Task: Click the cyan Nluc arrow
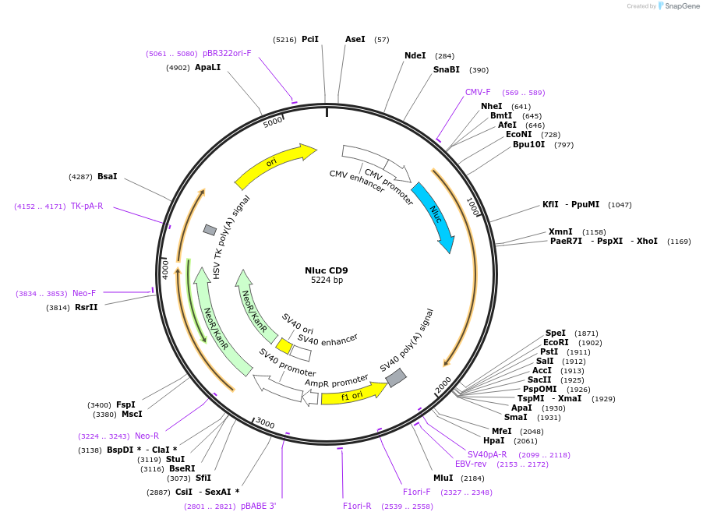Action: [434, 215]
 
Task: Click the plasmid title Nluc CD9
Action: [327, 270]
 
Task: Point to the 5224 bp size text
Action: [327, 280]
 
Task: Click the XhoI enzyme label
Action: [647, 241]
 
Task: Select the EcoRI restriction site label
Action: [556, 342]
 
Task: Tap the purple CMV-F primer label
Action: [478, 92]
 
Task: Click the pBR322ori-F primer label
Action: [227, 53]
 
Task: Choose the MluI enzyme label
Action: [443, 478]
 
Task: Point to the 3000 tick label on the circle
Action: [266, 423]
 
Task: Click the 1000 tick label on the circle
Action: [473, 207]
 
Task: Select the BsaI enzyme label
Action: [107, 177]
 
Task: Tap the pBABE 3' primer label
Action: [259, 506]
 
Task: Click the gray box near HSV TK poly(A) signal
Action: [210, 230]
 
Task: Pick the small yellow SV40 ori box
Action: [284, 346]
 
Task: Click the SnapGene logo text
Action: [681, 5]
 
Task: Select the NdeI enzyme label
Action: [415, 55]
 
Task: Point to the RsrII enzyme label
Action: [86, 308]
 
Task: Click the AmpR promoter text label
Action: [336, 381]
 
